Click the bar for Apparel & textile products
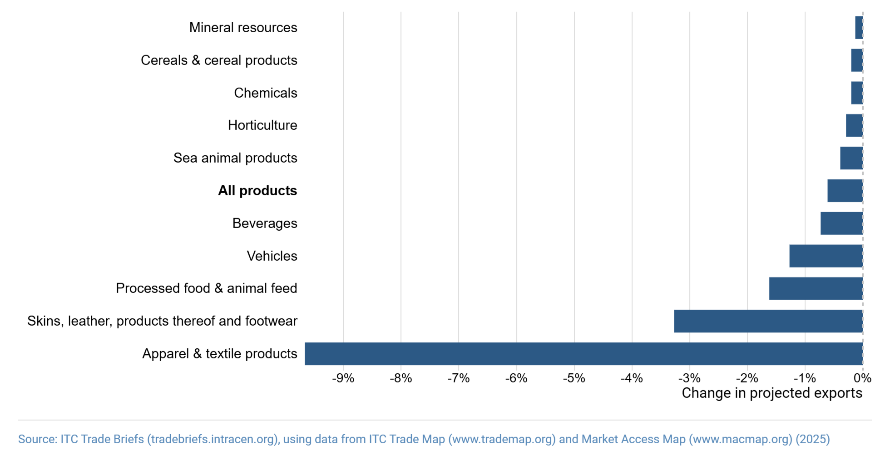point(583,354)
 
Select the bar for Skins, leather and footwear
point(768,321)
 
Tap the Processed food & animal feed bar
point(816,288)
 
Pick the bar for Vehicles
point(826,256)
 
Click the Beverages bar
point(841,223)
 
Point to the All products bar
point(845,191)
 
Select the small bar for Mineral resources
point(858,28)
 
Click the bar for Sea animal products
point(851,158)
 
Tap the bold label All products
point(257,191)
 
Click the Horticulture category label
point(262,125)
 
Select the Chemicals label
point(266,93)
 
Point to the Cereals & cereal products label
point(219,60)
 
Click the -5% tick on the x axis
point(574,378)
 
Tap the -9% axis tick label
point(343,378)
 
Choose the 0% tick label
point(862,378)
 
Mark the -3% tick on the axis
point(689,378)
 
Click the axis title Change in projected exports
point(771,393)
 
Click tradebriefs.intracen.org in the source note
point(213,440)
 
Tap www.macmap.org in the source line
point(740,440)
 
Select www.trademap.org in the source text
point(502,440)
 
